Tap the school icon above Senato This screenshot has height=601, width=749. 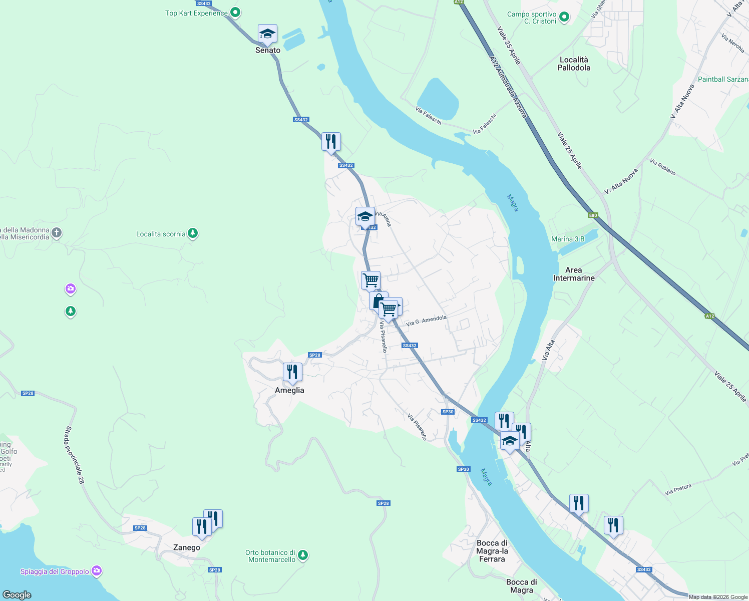[267, 34]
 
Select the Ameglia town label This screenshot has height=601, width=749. [289, 390]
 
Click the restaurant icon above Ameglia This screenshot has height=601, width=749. [292, 372]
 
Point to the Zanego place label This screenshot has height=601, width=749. [187, 547]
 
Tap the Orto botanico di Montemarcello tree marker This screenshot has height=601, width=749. [302, 555]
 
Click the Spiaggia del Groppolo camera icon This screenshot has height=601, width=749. [97, 571]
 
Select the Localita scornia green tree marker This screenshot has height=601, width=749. [193, 233]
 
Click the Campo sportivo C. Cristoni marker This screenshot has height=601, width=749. [564, 18]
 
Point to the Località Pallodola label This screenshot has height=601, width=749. [574, 64]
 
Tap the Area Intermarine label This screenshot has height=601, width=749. [574, 274]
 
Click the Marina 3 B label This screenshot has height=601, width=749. [568, 239]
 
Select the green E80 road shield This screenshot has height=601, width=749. [593, 215]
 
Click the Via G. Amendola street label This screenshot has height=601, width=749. [426, 321]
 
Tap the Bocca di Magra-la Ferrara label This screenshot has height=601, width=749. [492, 551]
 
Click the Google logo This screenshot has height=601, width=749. [17, 594]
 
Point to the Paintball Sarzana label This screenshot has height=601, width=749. [723, 79]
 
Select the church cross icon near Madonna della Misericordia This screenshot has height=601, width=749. [57, 232]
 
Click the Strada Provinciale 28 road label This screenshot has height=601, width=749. [75, 455]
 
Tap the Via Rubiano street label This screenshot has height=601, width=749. [662, 167]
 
